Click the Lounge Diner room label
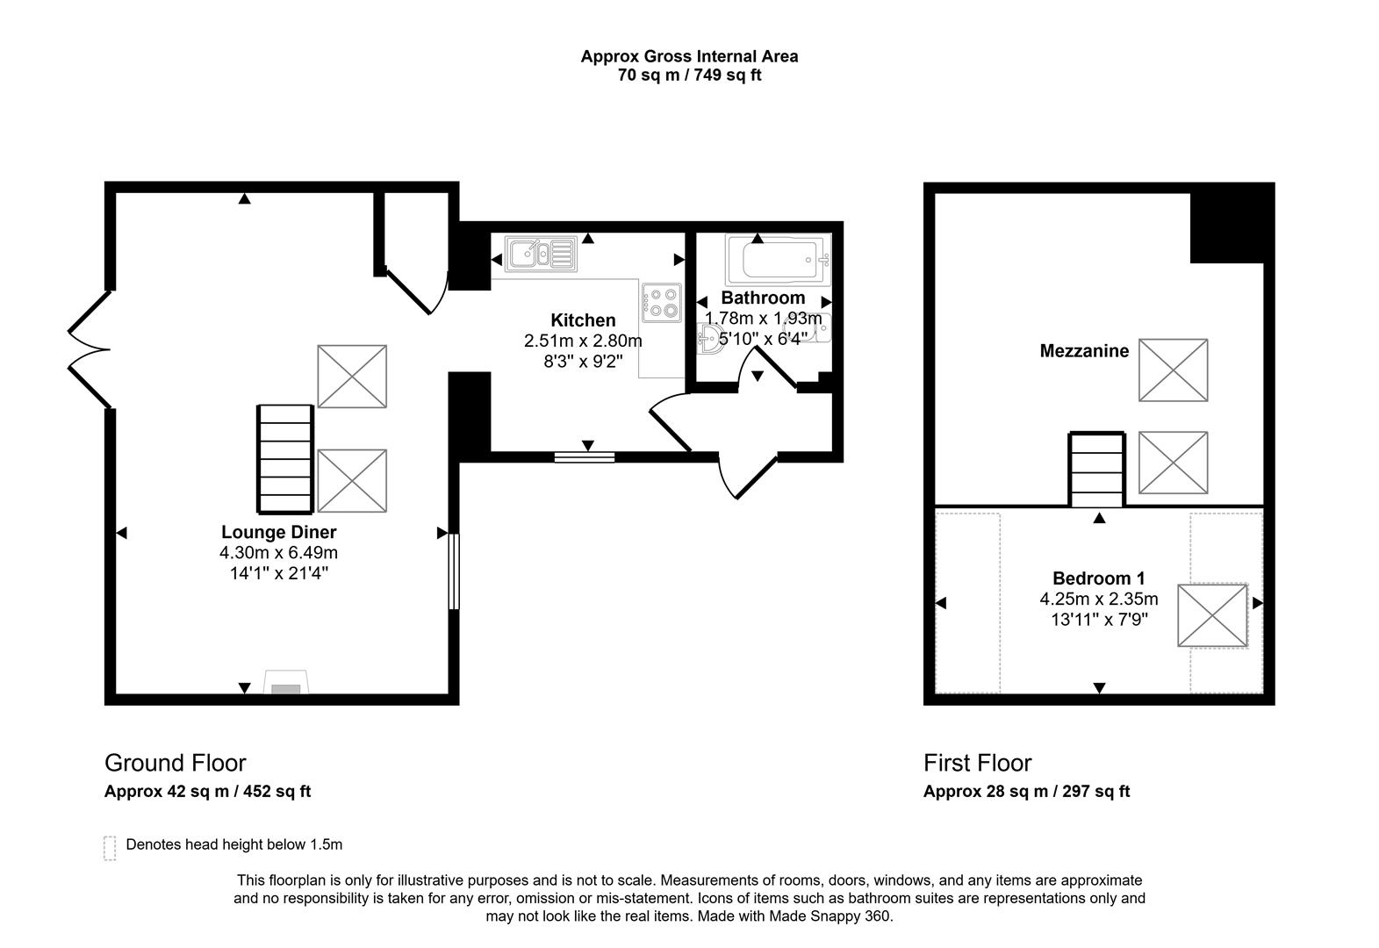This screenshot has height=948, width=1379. click(278, 532)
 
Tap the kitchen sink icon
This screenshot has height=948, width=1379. click(540, 254)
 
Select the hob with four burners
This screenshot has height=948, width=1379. click(661, 301)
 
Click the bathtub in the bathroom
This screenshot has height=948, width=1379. click(778, 260)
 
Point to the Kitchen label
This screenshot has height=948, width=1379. click(583, 320)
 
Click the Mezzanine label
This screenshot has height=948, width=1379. click(1084, 351)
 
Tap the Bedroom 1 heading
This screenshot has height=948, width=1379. click(1098, 578)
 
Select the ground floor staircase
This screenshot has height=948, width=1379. click(285, 459)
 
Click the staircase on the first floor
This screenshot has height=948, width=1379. click(1096, 470)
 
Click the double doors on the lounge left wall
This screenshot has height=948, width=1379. click(90, 350)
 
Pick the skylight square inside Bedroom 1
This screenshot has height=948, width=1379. click(1211, 616)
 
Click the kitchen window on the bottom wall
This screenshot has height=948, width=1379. click(585, 456)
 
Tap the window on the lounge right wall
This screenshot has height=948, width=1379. click(454, 571)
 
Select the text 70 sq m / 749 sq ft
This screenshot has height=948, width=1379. click(689, 75)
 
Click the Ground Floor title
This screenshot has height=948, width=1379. click(176, 763)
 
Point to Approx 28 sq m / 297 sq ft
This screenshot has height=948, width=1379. click(1026, 792)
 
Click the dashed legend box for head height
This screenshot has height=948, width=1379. click(110, 848)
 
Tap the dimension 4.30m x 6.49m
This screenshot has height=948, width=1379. click(278, 553)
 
